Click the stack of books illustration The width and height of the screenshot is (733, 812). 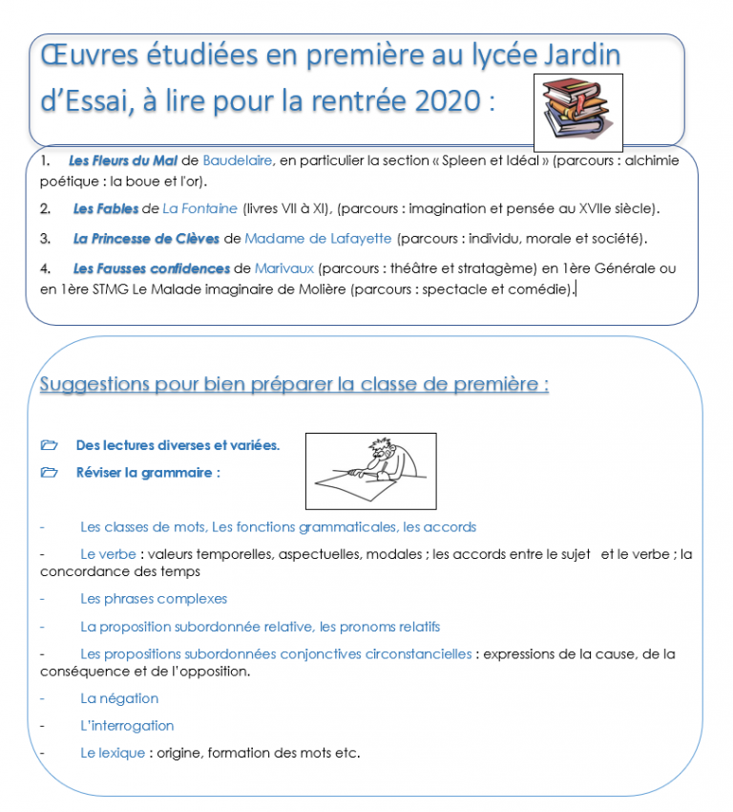(x=576, y=111)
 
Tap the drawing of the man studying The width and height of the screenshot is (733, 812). (x=370, y=471)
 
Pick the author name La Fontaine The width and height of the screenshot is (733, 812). (x=199, y=208)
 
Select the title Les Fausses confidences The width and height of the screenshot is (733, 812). (x=151, y=268)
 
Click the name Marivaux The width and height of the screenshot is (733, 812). (x=284, y=268)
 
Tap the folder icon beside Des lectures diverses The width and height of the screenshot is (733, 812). (x=50, y=445)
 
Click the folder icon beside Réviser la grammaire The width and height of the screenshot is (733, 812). (x=50, y=472)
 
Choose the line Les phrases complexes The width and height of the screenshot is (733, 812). (x=154, y=599)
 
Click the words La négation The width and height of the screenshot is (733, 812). (x=119, y=698)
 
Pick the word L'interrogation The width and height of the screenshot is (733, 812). (x=127, y=726)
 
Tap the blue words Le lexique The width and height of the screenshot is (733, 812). (x=112, y=753)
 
